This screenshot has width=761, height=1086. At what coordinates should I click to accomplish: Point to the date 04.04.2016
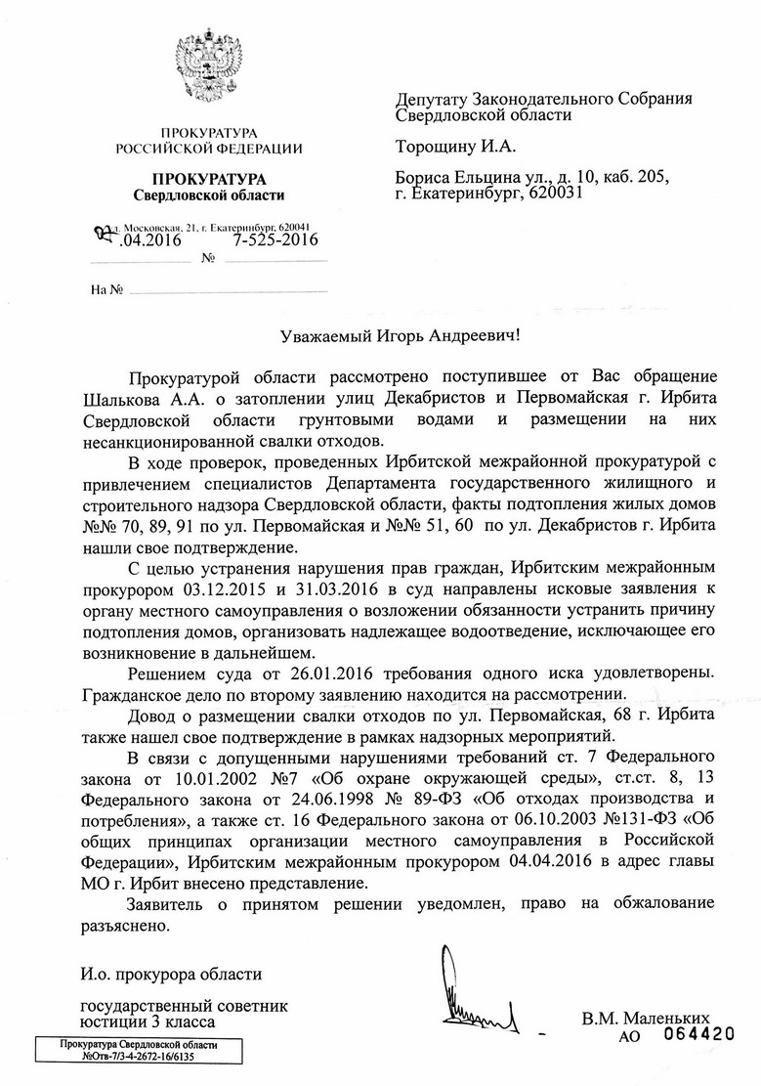point(553,861)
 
